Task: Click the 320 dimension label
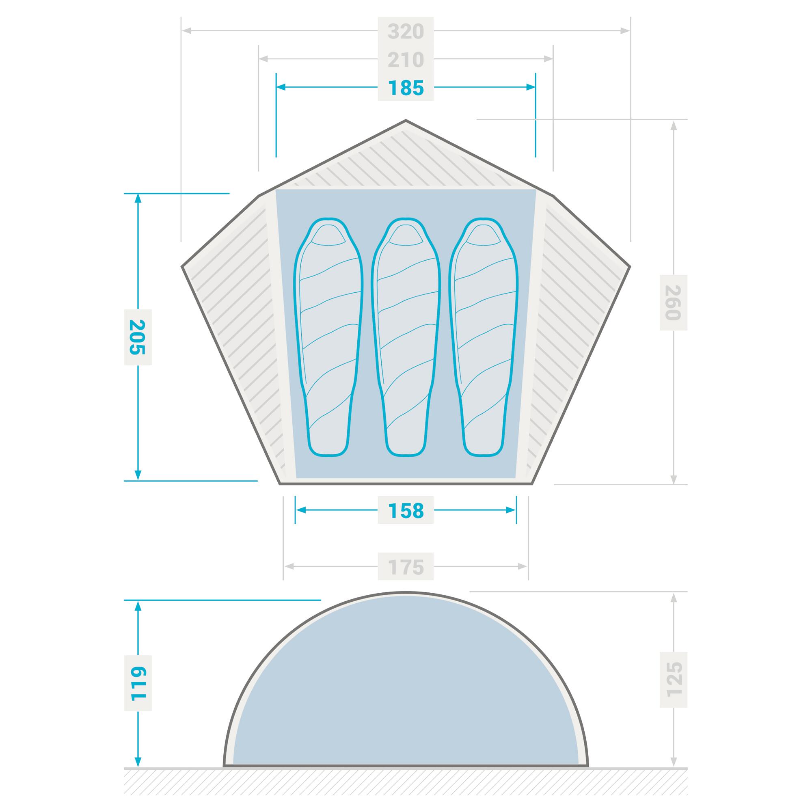(x=406, y=31)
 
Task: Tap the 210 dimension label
(x=406, y=60)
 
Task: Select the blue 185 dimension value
(x=406, y=88)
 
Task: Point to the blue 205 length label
(x=138, y=337)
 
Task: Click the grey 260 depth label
(x=673, y=302)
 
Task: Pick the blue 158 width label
(x=406, y=511)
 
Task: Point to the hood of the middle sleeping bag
(x=406, y=235)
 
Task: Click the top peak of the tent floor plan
(x=406, y=121)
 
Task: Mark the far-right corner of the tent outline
(x=630, y=266)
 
